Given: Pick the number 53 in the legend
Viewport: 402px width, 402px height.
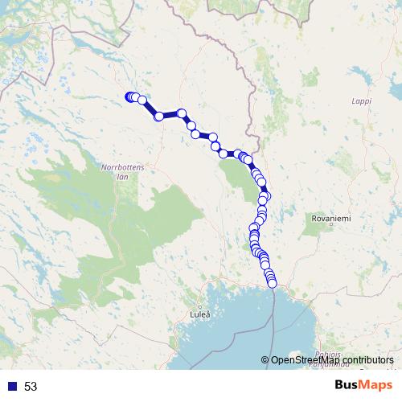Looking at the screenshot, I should (x=31, y=386).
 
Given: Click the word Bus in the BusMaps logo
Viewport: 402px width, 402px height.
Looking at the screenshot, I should (x=347, y=385).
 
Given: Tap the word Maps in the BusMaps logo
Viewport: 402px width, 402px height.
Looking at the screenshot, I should (x=376, y=385).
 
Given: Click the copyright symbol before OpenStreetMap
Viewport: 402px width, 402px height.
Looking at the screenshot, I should (x=265, y=361).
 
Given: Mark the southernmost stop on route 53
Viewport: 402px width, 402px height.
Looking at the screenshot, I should (x=272, y=283).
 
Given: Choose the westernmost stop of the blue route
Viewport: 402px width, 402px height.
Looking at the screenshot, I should (x=129, y=97).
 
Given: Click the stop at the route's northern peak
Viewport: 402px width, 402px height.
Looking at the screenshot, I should (x=182, y=113).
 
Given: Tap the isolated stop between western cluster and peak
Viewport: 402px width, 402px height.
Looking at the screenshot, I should (x=159, y=117).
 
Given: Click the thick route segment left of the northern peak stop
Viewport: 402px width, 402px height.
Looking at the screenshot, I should (x=170, y=116).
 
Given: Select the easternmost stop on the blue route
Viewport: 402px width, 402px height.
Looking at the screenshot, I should (x=266, y=195).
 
